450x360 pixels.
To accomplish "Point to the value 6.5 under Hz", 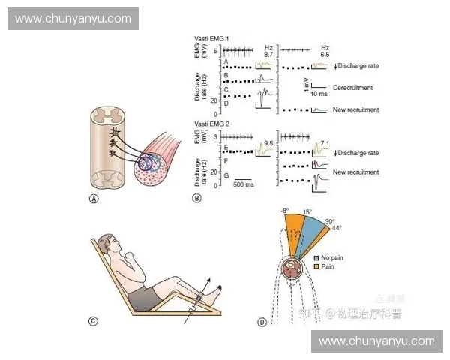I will pyautogui.click(x=325, y=55).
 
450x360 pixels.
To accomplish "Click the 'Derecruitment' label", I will pyautogui.click(x=352, y=88).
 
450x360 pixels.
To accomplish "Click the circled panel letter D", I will pyautogui.click(x=262, y=322).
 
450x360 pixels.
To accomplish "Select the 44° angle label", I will pyautogui.click(x=337, y=227).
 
